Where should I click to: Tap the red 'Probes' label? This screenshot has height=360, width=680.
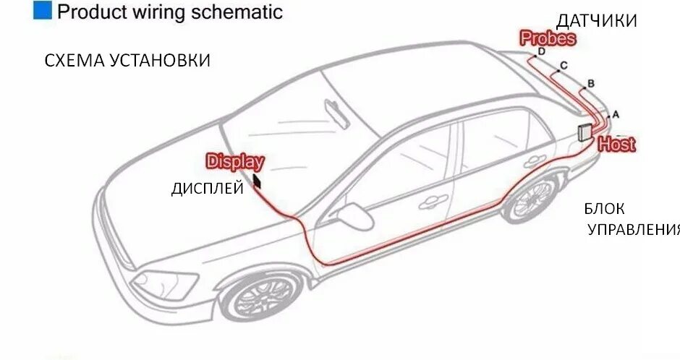pos(548,38)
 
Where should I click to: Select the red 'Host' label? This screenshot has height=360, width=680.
pos(616,144)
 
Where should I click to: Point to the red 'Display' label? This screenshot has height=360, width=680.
pos(235,162)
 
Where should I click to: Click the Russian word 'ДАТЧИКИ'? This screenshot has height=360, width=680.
pos(596,21)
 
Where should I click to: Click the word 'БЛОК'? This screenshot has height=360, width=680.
pos(605,210)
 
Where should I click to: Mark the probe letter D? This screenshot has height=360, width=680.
pos(541,51)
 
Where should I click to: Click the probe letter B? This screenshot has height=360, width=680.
pos(590,84)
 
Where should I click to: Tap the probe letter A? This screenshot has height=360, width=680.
pos(616,114)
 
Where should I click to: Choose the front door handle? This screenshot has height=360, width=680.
pos(433,200)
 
